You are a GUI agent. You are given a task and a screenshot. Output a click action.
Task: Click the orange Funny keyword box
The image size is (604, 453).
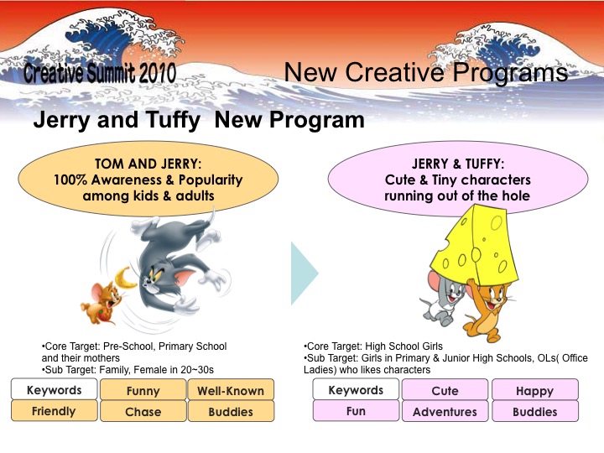point(143,390)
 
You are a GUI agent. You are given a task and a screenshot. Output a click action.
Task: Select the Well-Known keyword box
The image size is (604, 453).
point(231,390)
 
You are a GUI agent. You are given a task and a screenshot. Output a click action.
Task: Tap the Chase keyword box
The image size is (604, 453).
point(143,411)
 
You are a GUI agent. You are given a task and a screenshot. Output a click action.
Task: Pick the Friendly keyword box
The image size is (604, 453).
point(54,410)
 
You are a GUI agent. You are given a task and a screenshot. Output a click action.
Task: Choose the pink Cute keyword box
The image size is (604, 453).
point(445,390)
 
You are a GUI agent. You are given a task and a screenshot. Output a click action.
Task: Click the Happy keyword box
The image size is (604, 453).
point(534,390)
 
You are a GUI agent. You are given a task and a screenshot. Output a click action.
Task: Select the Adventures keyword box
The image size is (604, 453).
point(445,411)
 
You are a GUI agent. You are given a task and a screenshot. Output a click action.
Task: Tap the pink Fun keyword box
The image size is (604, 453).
point(356,410)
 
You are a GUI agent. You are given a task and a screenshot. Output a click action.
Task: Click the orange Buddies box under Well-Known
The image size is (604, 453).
point(231,411)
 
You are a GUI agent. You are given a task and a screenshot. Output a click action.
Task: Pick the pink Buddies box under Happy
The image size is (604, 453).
point(534,411)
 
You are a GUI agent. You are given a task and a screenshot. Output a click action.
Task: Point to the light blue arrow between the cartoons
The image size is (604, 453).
point(304,273)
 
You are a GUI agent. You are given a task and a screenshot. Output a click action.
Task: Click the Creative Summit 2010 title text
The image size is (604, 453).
point(99,72)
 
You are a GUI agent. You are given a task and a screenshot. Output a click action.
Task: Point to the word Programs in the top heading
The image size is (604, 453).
point(510,72)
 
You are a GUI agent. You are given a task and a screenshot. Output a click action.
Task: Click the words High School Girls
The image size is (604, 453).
point(404,346)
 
